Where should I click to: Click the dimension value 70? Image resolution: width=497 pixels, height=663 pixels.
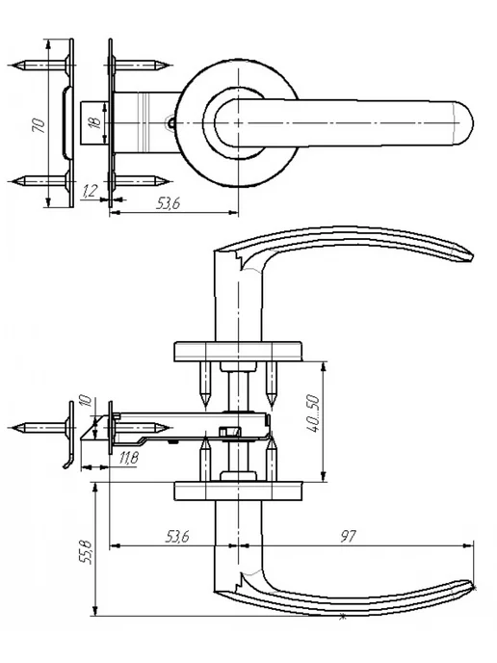39,125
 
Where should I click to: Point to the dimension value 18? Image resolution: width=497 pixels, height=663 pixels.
95,122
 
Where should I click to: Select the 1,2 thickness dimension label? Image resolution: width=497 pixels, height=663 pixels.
90,191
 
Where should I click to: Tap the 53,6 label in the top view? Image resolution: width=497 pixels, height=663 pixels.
169,203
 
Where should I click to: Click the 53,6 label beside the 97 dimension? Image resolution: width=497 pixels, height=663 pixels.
177,537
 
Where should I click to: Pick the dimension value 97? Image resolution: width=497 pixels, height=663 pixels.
349,537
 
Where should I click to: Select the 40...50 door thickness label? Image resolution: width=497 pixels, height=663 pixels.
313,413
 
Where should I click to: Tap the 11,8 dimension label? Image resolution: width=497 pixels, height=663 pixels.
128,458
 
